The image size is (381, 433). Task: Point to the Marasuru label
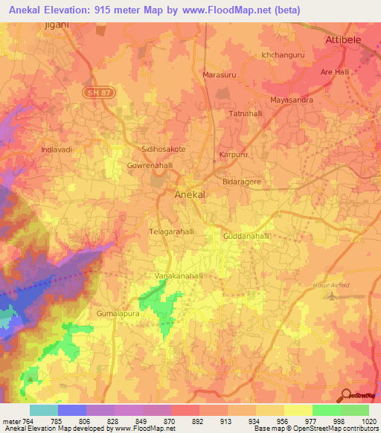218,75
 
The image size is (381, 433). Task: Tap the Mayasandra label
291,99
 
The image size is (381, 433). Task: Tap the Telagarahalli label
173,231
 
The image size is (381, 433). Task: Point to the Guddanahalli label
246,236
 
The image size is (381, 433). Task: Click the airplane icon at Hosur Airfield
330,297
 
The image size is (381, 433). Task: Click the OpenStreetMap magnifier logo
345,395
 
